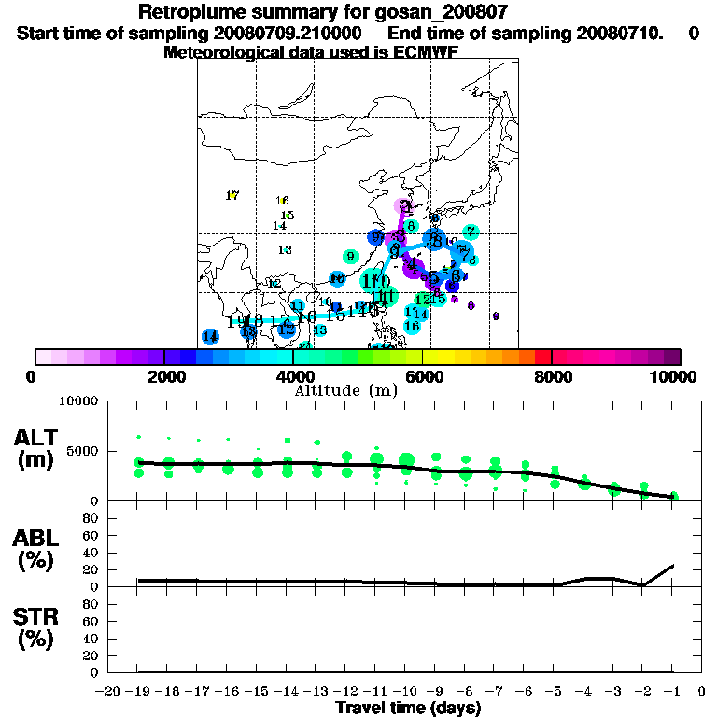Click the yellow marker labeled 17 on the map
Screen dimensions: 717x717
coord(232,195)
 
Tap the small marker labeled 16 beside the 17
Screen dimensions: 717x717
coord(282,201)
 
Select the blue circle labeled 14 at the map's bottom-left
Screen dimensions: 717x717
coord(210,336)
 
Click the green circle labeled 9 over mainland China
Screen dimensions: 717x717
coord(350,257)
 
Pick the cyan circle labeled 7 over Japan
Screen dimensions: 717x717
coord(471,232)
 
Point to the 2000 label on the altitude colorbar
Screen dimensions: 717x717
coord(162,376)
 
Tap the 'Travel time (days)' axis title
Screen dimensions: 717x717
coord(408,709)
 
